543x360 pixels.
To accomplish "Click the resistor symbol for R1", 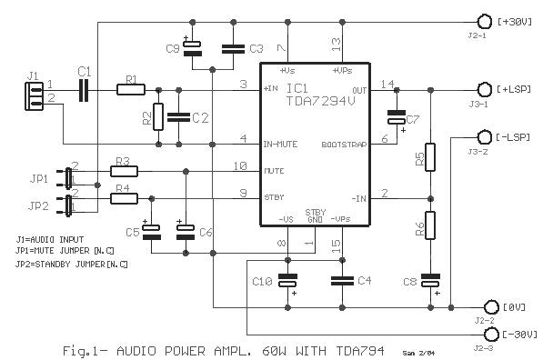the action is [131, 90].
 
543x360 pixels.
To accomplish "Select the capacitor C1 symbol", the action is [84, 90].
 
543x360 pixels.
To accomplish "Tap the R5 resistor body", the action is [430, 157].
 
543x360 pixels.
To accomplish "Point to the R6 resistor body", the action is [430, 225].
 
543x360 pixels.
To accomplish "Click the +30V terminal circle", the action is [484, 22].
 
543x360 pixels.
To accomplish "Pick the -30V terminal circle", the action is [491, 335].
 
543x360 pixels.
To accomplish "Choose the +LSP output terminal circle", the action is [484, 90].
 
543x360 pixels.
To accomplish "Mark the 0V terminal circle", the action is [491, 307].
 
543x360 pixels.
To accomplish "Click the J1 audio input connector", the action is [34, 96].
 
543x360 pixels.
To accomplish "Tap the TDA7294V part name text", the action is [321, 101].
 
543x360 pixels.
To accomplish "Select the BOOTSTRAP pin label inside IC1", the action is [344, 145].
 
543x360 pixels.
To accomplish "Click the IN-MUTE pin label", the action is [280, 144].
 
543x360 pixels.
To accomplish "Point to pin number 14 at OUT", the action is [387, 84].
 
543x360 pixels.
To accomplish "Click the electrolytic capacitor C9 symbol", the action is [192, 48].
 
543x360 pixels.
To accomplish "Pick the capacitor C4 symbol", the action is [342, 281].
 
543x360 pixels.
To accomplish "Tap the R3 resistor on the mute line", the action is [124, 171].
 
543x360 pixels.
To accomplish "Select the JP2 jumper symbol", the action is [65, 205].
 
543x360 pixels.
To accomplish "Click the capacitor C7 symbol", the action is [397, 117].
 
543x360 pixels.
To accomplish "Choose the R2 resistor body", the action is [158, 116].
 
